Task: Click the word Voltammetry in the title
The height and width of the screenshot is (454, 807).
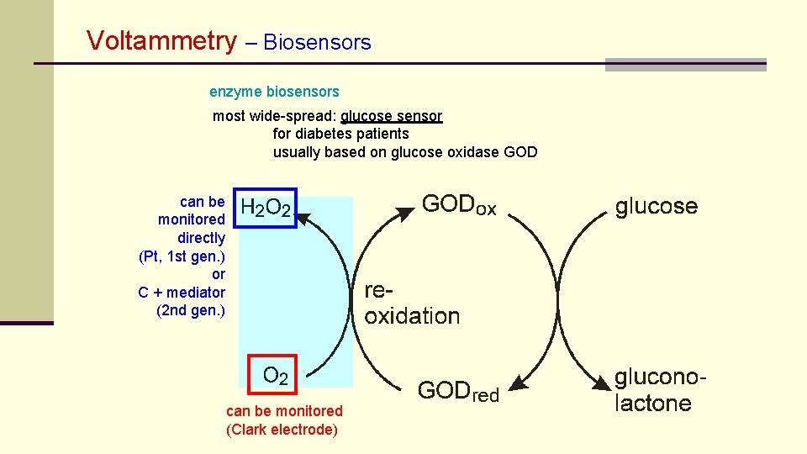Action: click(162, 40)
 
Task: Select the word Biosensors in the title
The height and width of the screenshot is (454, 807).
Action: click(317, 42)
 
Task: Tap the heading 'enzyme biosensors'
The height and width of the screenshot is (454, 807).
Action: click(274, 91)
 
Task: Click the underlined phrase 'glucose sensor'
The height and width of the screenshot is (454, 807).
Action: click(391, 116)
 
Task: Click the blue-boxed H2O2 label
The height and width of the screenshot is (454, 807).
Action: click(266, 208)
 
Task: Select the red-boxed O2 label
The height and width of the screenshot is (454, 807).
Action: click(275, 375)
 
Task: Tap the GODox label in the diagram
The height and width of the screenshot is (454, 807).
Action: click(458, 205)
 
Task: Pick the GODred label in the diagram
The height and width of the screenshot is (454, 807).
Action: click(458, 391)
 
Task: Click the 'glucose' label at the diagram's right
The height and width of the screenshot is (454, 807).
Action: click(657, 206)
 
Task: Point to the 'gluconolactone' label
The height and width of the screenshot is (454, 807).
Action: click(660, 390)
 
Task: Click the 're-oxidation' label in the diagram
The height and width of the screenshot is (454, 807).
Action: click(411, 304)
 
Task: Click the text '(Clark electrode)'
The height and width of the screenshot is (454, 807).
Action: click(282, 430)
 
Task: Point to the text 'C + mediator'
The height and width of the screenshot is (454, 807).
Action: click(182, 293)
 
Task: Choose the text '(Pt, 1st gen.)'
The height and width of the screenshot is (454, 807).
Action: click(182, 256)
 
